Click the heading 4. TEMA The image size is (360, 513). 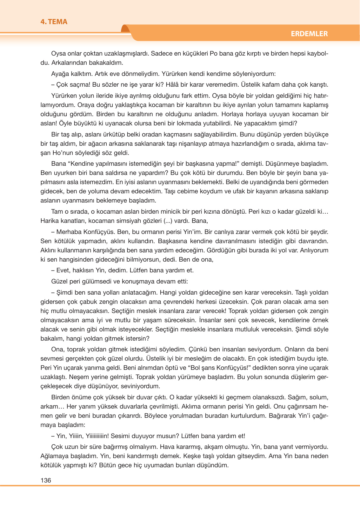coord(54,22)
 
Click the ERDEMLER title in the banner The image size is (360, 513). coord(309,34)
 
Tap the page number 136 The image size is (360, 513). coord(46,480)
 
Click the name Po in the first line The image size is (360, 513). coord(214,53)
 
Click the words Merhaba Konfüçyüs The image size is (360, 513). coord(83,232)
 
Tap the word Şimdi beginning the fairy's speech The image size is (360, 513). coord(64,293)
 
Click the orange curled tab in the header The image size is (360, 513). coord(126,29)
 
